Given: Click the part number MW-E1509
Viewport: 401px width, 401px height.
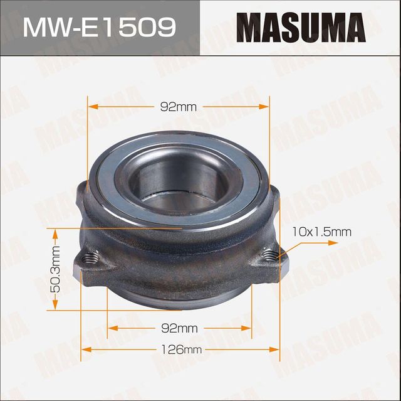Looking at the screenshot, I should [99, 28].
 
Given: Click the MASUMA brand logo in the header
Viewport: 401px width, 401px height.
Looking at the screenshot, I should [300, 28].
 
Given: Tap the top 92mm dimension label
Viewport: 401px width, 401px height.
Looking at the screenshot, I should [179, 107].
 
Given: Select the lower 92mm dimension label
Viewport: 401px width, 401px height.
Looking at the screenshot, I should [179, 328].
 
